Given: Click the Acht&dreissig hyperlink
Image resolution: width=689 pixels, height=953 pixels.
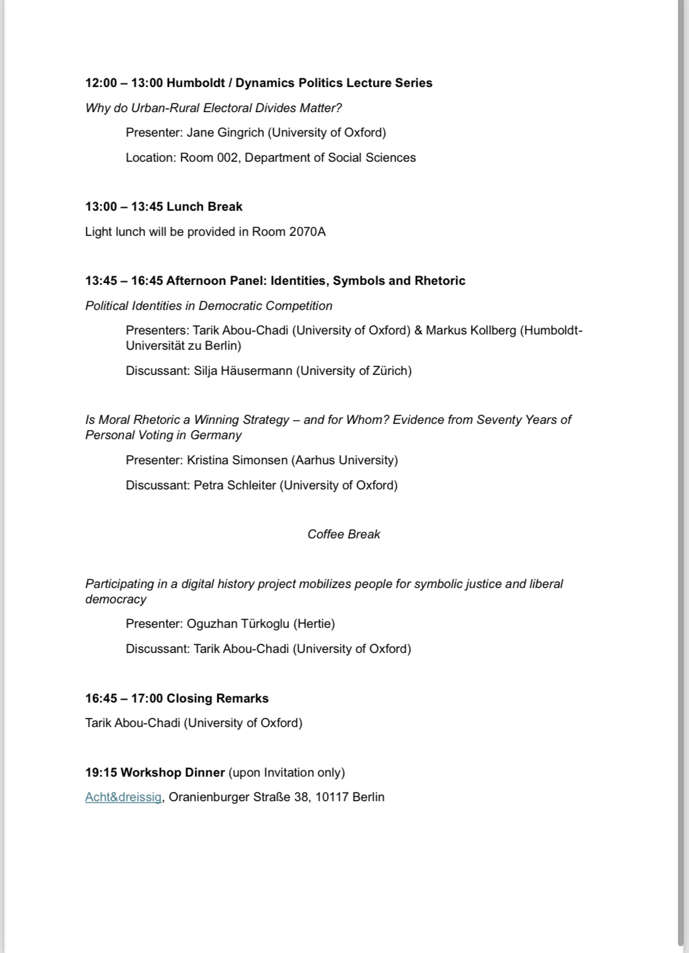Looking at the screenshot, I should tap(123, 797).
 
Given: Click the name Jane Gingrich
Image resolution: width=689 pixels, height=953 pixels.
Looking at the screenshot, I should tap(225, 133).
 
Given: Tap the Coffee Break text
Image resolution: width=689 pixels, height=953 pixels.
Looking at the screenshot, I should tap(344, 535).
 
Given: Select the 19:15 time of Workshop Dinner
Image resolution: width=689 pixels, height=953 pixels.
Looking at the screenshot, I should tap(101, 773).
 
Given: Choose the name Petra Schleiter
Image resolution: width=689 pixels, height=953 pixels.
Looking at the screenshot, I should tap(235, 486).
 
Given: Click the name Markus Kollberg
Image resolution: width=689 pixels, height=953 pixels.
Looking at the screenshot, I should tap(471, 331).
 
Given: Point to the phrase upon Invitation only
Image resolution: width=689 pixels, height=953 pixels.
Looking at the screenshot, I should tap(287, 773).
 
